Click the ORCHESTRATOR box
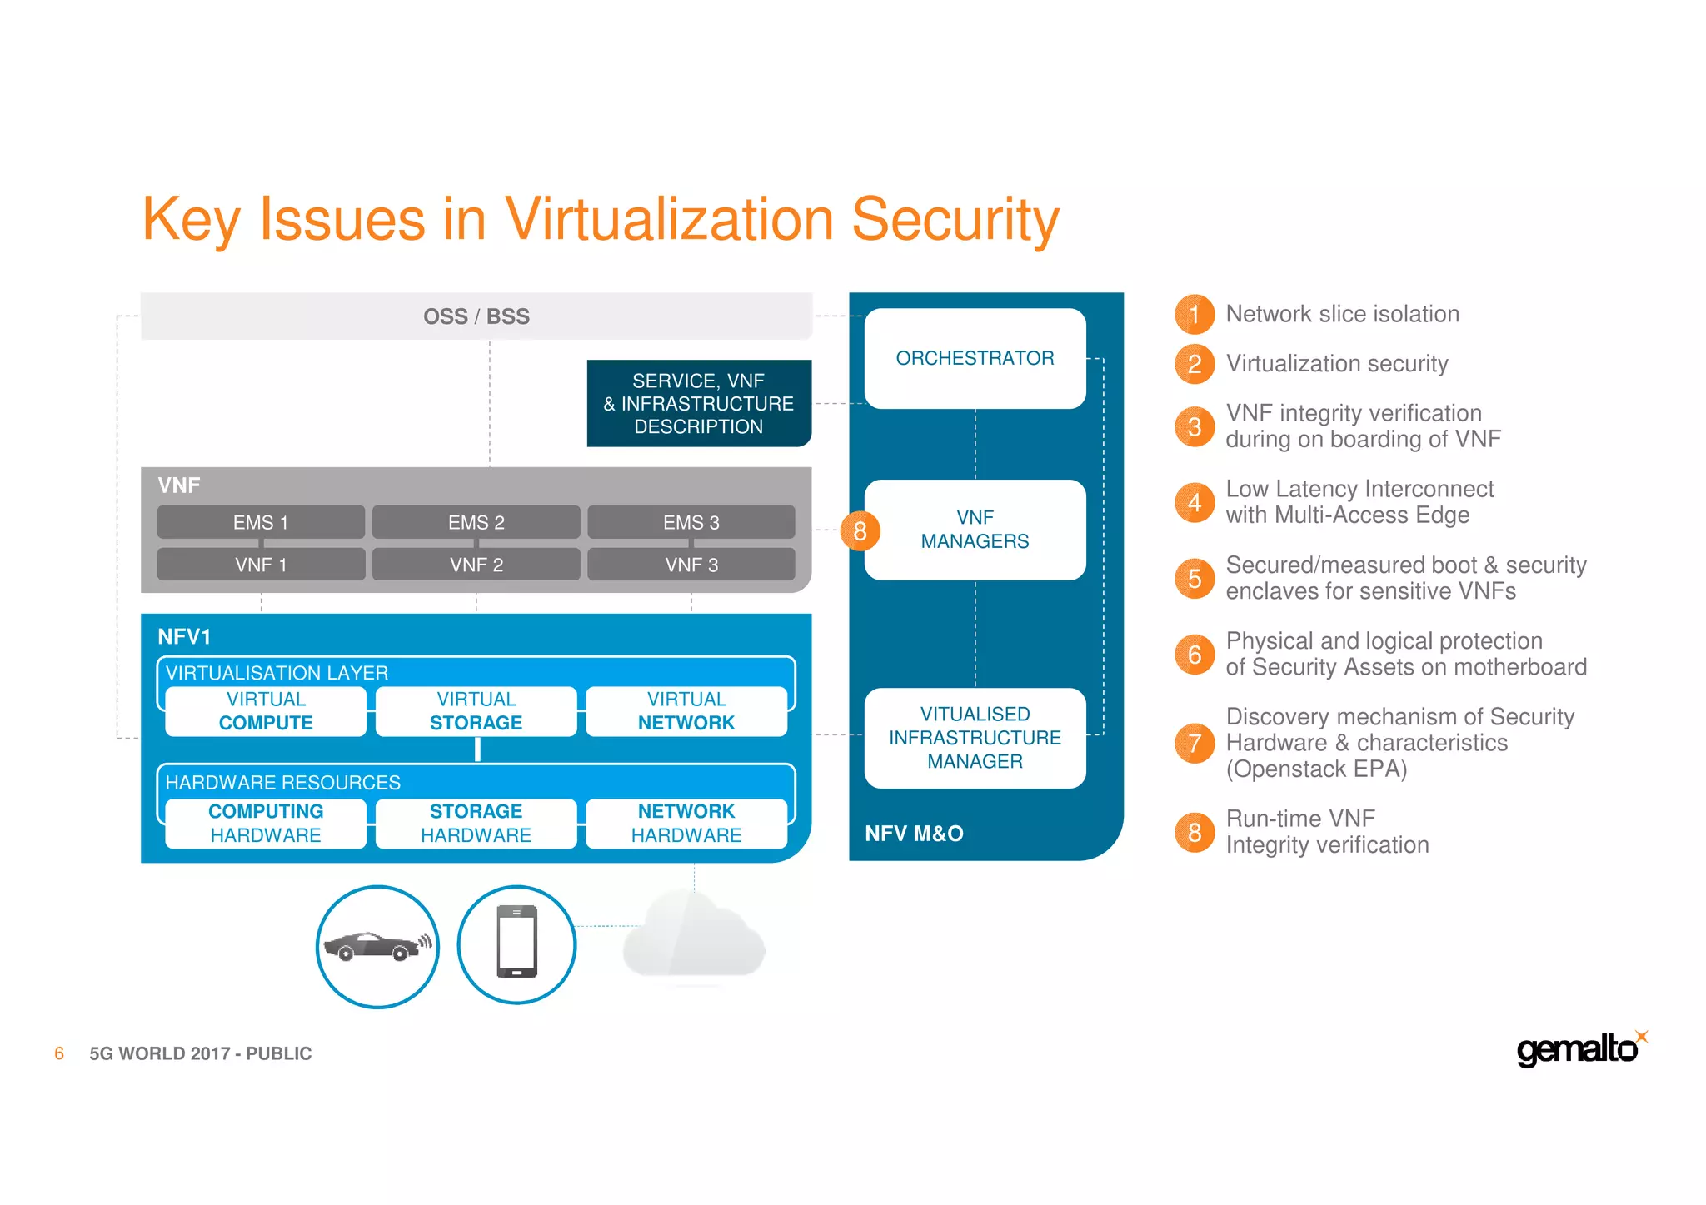pos(975,358)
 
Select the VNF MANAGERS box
pos(975,530)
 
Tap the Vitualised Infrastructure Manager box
pos(975,738)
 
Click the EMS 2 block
pos(476,522)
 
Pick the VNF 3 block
pos(691,565)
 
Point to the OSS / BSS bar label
pos(476,316)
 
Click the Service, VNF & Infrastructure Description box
pos(698,404)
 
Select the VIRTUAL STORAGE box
pos(476,711)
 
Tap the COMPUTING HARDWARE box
pos(266,823)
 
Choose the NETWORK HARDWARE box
pos(686,823)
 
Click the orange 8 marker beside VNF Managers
pos(860,530)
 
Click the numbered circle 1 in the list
pos(1194,314)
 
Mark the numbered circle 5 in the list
pos(1194,578)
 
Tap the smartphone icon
pos(516,943)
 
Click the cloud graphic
pos(693,937)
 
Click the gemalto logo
pos(1579,1048)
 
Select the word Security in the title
pos(955,220)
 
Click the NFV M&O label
pos(914,834)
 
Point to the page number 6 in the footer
pos(59,1053)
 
